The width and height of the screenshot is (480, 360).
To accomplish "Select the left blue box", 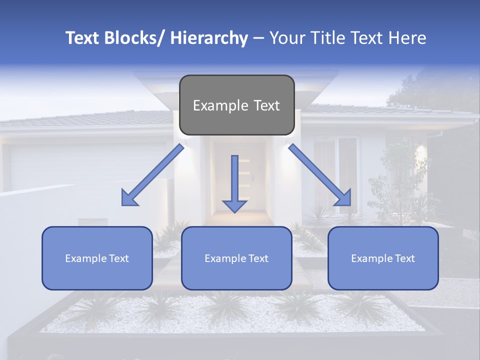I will click(x=97, y=258).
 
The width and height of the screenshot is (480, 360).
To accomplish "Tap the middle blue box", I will click(x=236, y=258).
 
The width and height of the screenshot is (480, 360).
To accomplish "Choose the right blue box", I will click(x=383, y=258).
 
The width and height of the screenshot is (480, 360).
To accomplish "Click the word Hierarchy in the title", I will click(x=209, y=38).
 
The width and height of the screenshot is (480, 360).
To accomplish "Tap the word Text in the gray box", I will click(x=266, y=105).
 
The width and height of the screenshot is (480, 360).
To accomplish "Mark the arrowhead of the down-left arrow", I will click(x=129, y=198).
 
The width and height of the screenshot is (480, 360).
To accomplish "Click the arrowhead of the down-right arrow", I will click(x=343, y=198).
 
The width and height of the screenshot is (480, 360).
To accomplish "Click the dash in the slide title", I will click(x=258, y=38).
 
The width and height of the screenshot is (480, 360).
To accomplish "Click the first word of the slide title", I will click(x=83, y=38).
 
